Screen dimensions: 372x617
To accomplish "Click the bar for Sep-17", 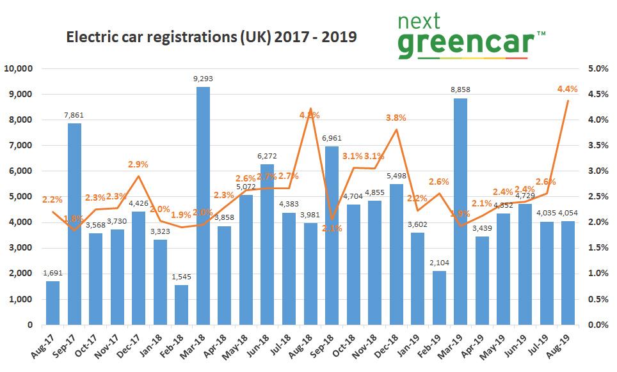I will (x=74, y=224).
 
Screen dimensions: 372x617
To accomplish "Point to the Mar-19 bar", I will (x=460, y=211).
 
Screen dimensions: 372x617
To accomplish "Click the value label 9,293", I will (x=203, y=79).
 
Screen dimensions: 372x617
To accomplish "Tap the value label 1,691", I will (x=53, y=274).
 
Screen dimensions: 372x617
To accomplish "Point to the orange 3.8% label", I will (x=396, y=118).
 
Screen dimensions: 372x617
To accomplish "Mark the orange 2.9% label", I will (x=139, y=165).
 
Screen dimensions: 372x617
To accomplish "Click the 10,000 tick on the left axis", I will (x=21, y=68).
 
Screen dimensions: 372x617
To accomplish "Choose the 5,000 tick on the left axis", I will (x=24, y=197).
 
